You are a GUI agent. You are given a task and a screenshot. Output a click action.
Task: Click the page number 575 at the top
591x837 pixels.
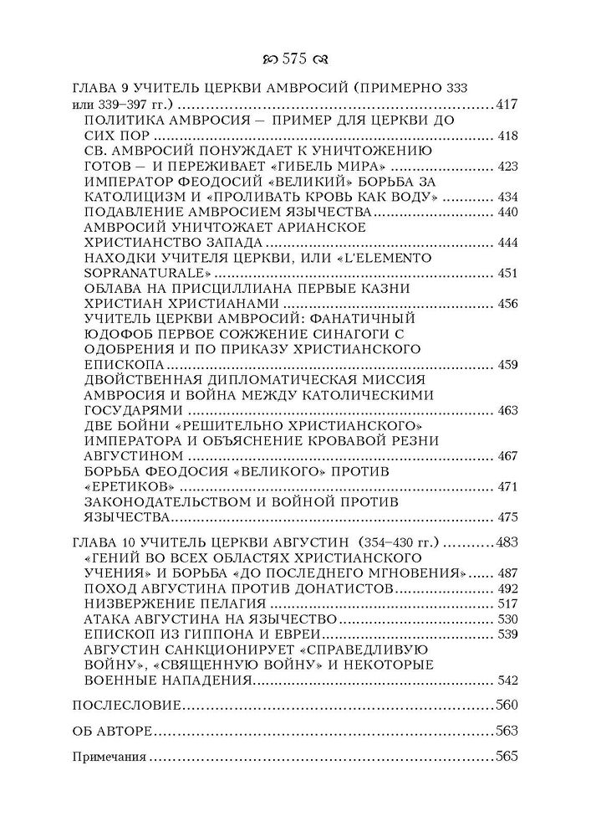(x=295, y=59)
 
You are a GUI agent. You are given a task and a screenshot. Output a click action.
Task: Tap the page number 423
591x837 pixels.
(x=508, y=167)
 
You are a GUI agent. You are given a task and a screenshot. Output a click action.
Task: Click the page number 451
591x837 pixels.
(x=508, y=273)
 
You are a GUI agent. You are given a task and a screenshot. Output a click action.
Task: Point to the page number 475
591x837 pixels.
(x=508, y=516)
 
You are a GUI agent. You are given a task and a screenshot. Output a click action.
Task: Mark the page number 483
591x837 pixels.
(x=507, y=542)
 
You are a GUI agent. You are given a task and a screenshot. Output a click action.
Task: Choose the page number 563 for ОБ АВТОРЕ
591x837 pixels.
(x=507, y=731)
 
